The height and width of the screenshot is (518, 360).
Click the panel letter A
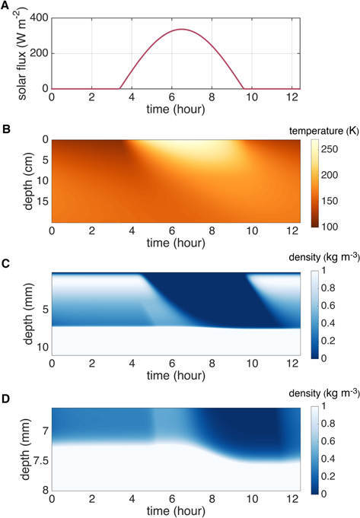coord(5,6)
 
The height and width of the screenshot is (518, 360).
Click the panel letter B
coord(5,125)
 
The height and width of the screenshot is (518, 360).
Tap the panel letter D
coord(5,396)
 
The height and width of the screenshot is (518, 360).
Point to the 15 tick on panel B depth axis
coord(39,201)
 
